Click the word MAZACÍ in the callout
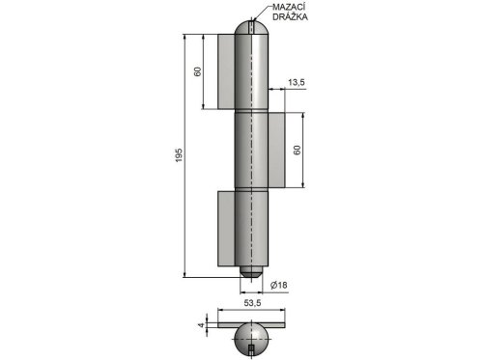289,7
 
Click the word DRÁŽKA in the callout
290,17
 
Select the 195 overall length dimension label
179,155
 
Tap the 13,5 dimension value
296,82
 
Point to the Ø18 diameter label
279,285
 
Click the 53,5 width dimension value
252,303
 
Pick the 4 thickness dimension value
201,325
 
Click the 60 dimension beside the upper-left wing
197,71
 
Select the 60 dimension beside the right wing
297,150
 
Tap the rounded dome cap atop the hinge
251,28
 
